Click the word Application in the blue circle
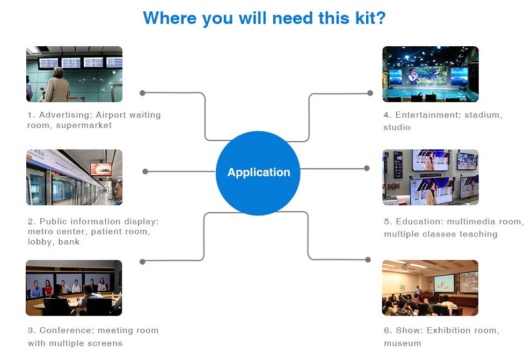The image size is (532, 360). pyautogui.click(x=259, y=172)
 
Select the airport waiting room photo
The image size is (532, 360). pyautogui.click(x=74, y=74)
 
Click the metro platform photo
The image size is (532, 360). pyautogui.click(x=74, y=177)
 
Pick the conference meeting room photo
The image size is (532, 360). pyautogui.click(x=74, y=288)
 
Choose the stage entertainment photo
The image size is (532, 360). pyautogui.click(x=431, y=74)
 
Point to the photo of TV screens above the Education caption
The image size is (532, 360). pyautogui.click(x=431, y=177)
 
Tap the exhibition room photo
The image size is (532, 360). pyautogui.click(x=430, y=288)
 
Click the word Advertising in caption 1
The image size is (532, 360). pyautogui.click(x=66, y=115)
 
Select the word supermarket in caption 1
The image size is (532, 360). pyautogui.click(x=84, y=125)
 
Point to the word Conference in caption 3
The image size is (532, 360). pyautogui.click(x=67, y=330)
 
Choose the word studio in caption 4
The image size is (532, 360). pyautogui.click(x=397, y=127)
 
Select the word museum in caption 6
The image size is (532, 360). pyautogui.click(x=403, y=343)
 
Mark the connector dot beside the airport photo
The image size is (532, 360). pyautogui.click(x=142, y=93)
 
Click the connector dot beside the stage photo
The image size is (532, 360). pyautogui.click(x=370, y=93)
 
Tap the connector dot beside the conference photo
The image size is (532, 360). pyautogui.click(x=142, y=262)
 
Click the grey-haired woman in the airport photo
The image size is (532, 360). pyautogui.click(x=57, y=85)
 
